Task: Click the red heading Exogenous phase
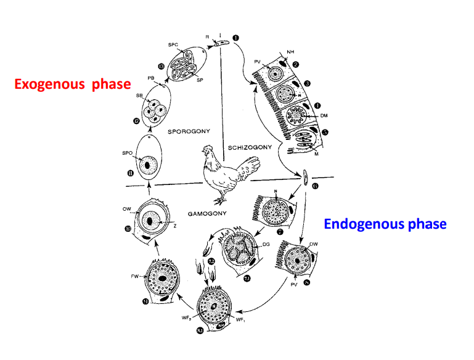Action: coord(73,84)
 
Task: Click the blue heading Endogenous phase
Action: coord(385,224)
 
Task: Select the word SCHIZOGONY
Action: coord(250,148)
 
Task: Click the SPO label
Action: coord(127,152)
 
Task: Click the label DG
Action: coord(266,245)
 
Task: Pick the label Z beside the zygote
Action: coord(176,226)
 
